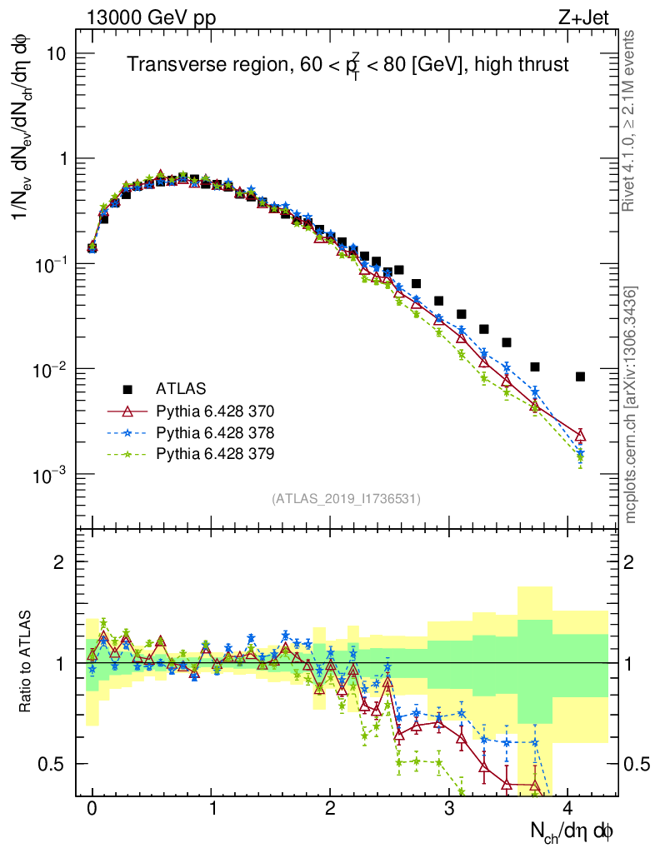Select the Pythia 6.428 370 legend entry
point(215,411)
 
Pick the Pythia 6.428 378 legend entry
point(215,432)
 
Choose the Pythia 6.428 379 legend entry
point(215,454)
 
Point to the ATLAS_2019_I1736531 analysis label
point(346,499)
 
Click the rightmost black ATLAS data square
point(580,377)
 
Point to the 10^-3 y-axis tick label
point(52,475)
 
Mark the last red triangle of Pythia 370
point(580,436)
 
